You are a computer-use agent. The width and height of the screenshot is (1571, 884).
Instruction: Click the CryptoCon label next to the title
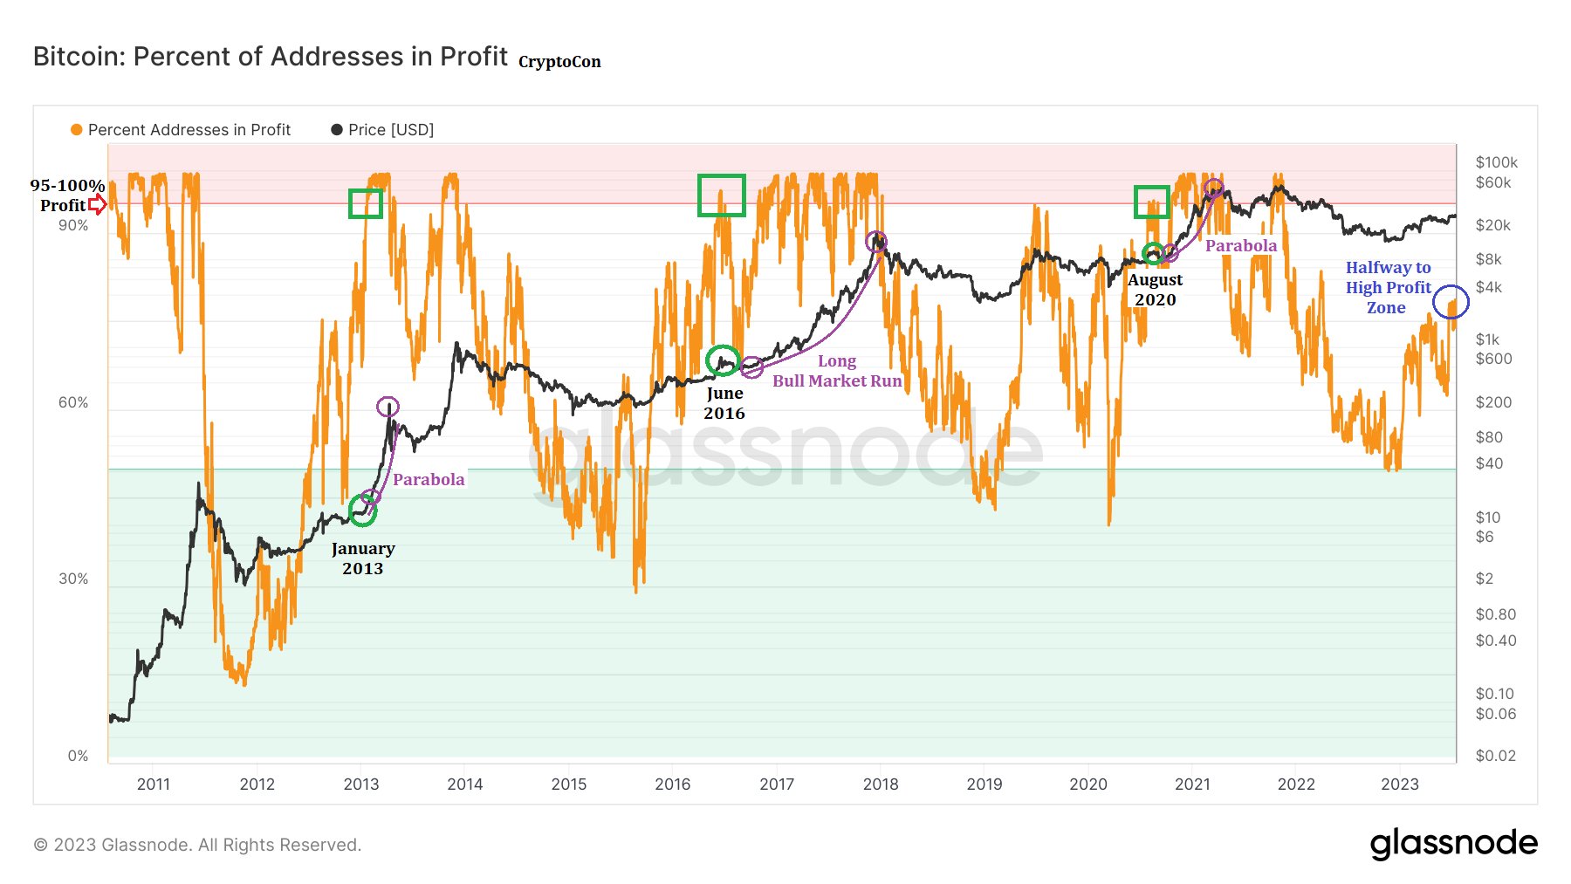click(559, 62)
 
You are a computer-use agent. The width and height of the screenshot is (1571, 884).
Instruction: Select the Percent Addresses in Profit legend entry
click(181, 130)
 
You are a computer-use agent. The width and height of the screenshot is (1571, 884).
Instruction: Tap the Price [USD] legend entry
click(382, 130)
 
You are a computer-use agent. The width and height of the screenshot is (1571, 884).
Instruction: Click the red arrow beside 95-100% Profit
click(98, 205)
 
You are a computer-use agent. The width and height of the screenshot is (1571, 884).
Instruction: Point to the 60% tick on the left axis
click(73, 402)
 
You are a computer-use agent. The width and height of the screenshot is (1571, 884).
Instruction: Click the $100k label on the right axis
click(1496, 162)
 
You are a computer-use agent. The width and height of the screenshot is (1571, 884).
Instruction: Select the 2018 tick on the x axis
click(880, 785)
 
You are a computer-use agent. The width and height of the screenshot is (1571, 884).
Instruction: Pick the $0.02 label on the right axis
click(1495, 756)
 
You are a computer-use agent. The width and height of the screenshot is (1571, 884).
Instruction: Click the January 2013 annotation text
click(363, 558)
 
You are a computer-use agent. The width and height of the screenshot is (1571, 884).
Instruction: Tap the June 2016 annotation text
click(724, 403)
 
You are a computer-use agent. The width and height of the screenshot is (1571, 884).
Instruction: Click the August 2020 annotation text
click(1155, 290)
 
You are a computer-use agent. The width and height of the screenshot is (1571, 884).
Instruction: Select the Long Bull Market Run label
click(837, 371)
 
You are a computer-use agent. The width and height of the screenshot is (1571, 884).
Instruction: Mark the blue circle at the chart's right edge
click(1451, 302)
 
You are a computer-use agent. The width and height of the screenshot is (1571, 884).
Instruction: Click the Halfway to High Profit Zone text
click(1388, 287)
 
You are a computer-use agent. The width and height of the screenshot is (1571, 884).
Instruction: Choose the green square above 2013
click(366, 203)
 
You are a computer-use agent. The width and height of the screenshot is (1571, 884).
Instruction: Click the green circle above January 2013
click(362, 511)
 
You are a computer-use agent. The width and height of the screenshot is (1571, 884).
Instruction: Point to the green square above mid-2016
click(721, 195)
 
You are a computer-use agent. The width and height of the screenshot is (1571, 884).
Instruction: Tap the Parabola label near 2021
click(1240, 246)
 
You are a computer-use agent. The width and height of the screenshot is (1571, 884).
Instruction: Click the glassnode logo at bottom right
click(1453, 844)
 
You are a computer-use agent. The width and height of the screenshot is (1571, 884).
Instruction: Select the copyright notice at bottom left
click(197, 845)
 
